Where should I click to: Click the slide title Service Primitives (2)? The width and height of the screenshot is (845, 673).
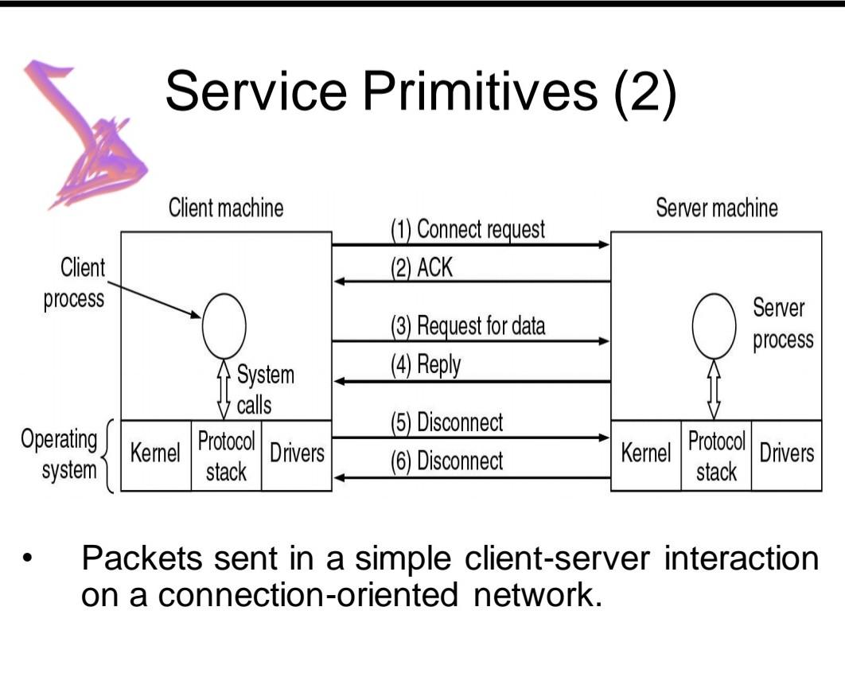pos(421,90)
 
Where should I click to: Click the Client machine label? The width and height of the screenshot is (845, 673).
pos(226,208)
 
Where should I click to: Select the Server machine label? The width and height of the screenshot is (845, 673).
pos(716,208)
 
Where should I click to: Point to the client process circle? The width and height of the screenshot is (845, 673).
pos(224,328)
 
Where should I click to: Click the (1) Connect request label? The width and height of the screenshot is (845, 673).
pos(467,230)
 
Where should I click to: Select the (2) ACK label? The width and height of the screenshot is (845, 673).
pos(421,267)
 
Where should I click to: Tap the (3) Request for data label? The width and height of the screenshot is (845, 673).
pos(467,326)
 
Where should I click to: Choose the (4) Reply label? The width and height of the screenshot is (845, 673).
pos(425,365)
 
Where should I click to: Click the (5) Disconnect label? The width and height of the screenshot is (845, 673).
pos(446,422)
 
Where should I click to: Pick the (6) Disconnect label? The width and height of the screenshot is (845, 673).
pos(446,461)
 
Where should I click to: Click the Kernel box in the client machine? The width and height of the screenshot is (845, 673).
pos(156,455)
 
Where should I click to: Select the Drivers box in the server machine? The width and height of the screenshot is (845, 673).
pos(786,454)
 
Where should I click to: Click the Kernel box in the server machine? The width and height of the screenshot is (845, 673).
pos(645,455)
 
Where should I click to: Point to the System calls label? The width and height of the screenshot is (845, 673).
pos(264,390)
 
